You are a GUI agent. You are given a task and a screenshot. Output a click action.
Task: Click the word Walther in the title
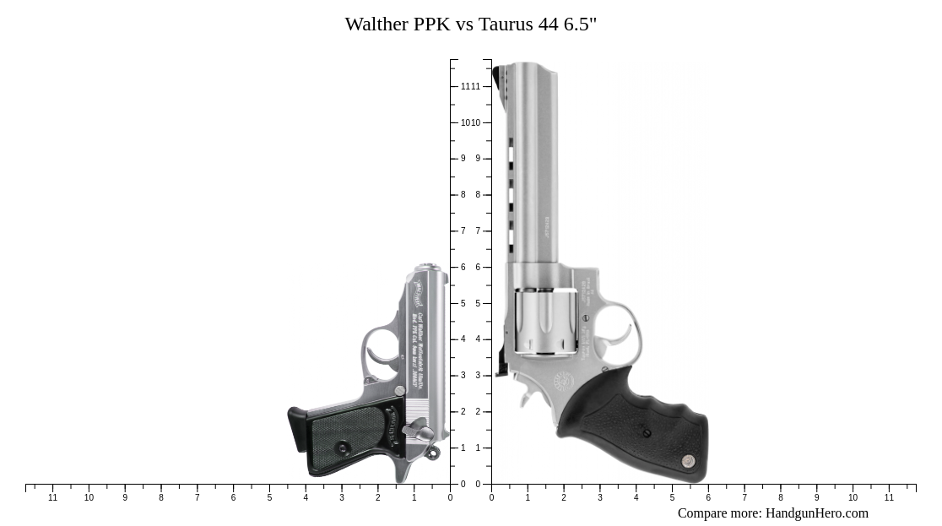pyautogui.click(x=376, y=24)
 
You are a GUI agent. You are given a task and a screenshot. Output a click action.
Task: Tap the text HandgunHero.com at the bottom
pyautogui.click(x=816, y=512)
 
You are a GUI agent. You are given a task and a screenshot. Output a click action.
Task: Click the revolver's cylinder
pyautogui.click(x=545, y=321)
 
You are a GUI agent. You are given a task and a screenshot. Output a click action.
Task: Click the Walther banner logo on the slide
pyautogui.click(x=419, y=291)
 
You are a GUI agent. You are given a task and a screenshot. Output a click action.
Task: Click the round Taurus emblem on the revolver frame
pyautogui.click(x=563, y=382)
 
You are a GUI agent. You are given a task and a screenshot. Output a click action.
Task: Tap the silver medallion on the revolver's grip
pyautogui.click(x=688, y=460)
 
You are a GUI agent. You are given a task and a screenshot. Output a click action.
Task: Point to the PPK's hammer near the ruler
pyautogui.click(x=432, y=454)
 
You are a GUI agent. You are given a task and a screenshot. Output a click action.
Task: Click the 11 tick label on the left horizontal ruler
pyautogui.click(x=53, y=498)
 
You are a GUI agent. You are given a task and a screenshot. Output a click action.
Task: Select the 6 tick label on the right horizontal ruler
pyautogui.click(x=708, y=498)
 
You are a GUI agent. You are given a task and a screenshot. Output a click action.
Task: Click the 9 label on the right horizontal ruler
pyautogui.click(x=816, y=498)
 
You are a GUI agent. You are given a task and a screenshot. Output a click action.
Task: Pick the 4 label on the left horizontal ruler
pyautogui.click(x=306, y=498)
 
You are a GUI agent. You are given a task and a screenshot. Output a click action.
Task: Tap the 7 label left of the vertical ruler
pyautogui.click(x=463, y=230)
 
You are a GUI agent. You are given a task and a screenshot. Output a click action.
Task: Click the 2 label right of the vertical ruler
pyautogui.click(x=478, y=412)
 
